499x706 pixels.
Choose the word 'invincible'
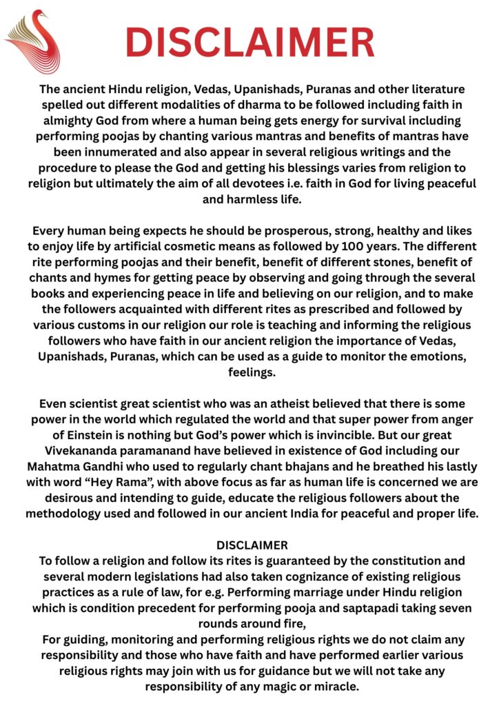click(x=312, y=435)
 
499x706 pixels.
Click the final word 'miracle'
click(x=336, y=687)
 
